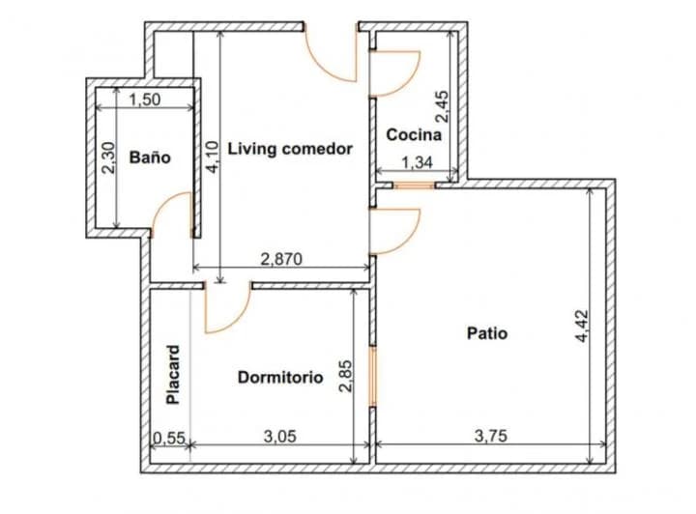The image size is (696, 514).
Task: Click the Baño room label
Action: tap(149, 157)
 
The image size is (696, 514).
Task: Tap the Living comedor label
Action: tap(290, 149)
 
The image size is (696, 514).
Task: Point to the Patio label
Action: tap(487, 333)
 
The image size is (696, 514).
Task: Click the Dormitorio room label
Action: tap(280, 378)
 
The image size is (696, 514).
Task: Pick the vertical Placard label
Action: tap(173, 374)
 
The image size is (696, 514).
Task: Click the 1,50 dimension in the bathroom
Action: tap(145, 99)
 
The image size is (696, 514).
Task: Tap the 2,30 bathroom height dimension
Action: tap(108, 157)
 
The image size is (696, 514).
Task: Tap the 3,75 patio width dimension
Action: tap(491, 436)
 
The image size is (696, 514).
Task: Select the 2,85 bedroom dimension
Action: tap(346, 377)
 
